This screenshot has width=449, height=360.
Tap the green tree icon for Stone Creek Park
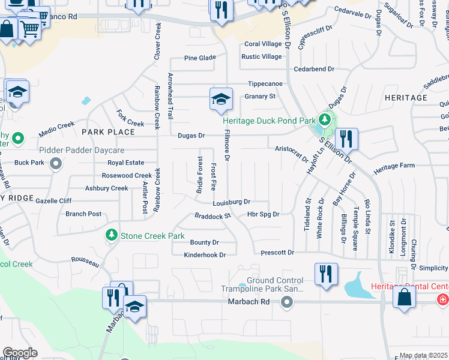coord(110,235)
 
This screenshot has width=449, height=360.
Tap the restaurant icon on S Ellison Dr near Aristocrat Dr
coord(346,139)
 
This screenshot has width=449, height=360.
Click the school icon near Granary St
coord(221,99)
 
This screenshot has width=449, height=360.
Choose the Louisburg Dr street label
coord(231,202)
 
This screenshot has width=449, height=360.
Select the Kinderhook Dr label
coord(205,255)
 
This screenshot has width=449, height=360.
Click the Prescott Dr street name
coord(277,253)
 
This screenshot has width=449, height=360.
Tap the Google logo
coord(20,353)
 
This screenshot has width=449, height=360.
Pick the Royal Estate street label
coord(125,163)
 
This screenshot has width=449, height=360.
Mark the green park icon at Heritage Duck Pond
coord(325,119)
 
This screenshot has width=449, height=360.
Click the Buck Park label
coord(29,163)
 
